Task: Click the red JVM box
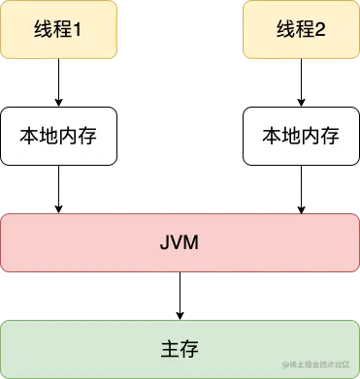pyautogui.click(x=180, y=242)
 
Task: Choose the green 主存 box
pyautogui.click(x=180, y=348)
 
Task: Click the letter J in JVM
pyautogui.click(x=163, y=242)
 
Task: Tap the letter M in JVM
pyautogui.click(x=194, y=242)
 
